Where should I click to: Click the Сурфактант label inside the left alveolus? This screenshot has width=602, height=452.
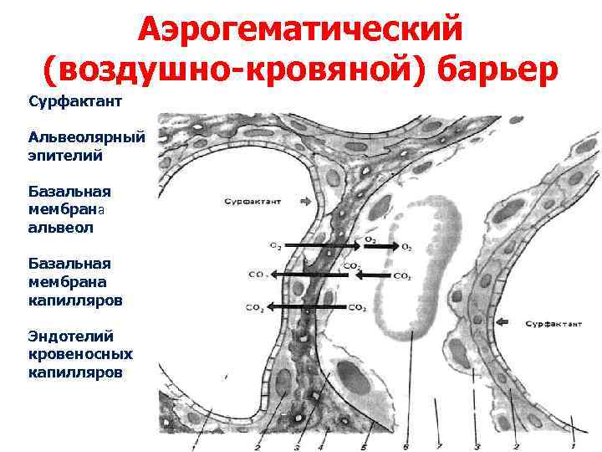252,202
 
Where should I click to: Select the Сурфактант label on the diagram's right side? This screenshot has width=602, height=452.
553,323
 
